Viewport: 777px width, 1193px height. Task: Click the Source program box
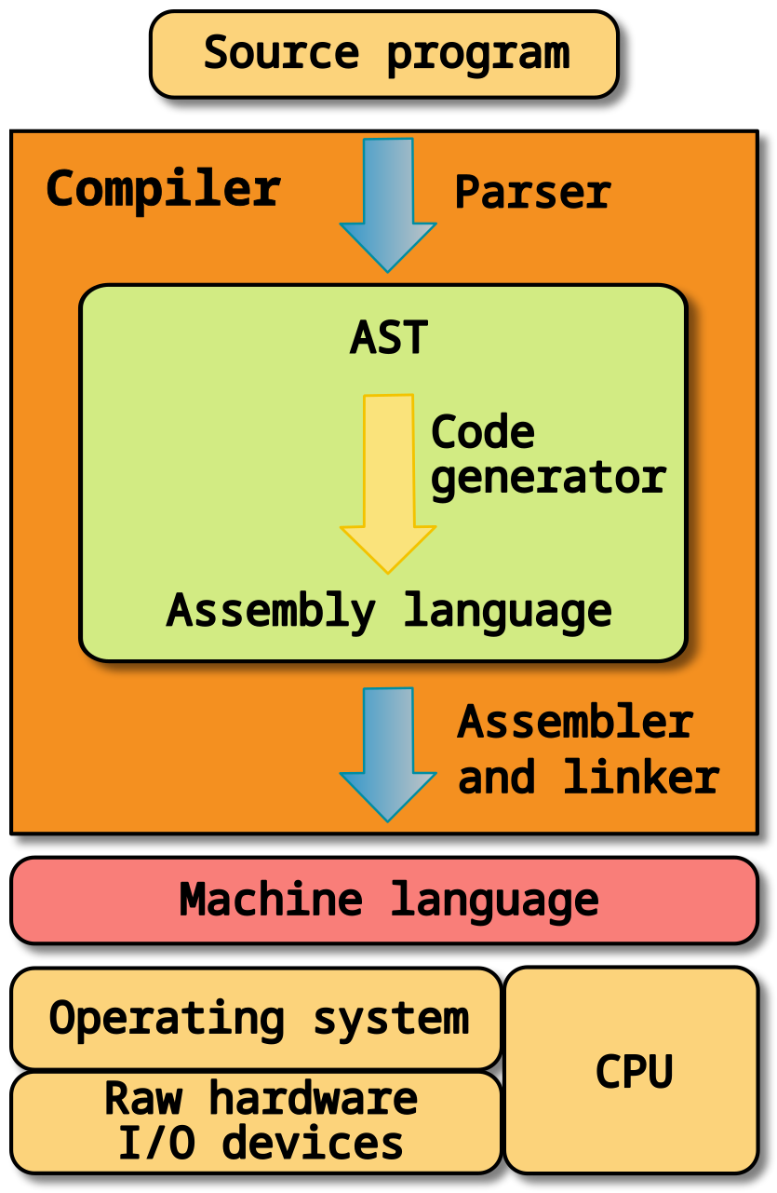point(383,54)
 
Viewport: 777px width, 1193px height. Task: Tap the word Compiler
point(163,189)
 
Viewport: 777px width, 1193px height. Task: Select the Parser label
point(532,193)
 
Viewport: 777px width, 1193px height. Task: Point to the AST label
point(389,338)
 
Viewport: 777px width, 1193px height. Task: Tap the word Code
point(483,432)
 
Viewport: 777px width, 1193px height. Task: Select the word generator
point(549,477)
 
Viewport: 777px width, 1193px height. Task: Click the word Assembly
point(270,611)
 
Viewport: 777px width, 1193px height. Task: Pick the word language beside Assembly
point(508,611)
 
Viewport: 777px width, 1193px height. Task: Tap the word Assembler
point(575,723)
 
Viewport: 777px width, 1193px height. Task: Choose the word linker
point(641,777)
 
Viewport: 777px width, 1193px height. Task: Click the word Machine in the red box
point(271,900)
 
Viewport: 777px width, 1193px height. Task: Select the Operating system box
point(257,1018)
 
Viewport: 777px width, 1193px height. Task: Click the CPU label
point(634,1071)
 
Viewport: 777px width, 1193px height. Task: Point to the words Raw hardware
point(261,1098)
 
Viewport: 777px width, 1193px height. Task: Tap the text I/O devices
point(261,1143)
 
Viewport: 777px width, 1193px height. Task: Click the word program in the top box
point(477,54)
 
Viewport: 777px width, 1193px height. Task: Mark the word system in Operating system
point(391,1018)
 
